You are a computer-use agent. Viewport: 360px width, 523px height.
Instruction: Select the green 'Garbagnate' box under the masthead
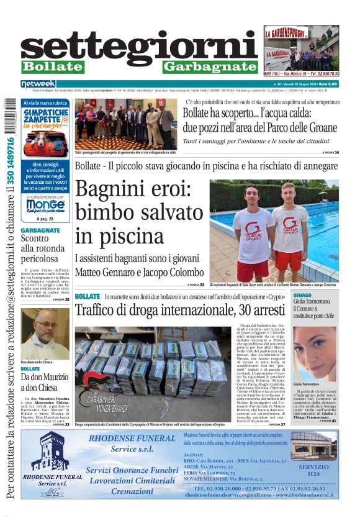(210, 67)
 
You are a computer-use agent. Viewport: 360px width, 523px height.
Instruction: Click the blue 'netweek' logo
(38, 84)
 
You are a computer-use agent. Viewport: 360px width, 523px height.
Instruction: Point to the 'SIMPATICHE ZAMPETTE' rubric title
(45, 117)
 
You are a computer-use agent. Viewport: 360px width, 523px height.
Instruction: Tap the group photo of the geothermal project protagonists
(125, 123)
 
